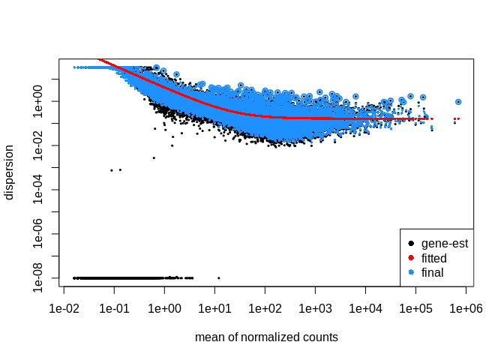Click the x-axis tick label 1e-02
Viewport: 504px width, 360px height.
point(64,308)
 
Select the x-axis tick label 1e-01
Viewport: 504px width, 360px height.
point(114,308)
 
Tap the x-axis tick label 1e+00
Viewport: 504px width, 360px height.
point(164,308)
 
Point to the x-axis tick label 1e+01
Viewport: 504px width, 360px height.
point(214,308)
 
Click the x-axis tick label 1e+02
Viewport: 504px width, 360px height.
point(265,308)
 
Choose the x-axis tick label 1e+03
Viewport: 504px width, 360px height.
point(315,308)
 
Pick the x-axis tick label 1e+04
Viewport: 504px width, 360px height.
point(365,308)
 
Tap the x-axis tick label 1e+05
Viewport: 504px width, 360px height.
point(415,308)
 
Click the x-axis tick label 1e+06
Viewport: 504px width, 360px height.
point(466,308)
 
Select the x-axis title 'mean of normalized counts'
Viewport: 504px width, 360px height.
point(266,337)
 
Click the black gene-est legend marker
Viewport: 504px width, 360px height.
point(410,244)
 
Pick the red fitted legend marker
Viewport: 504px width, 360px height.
point(410,258)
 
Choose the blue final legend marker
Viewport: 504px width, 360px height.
point(410,272)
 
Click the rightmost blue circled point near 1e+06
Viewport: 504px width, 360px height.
point(458,102)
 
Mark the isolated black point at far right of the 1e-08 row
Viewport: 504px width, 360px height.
point(218,277)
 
